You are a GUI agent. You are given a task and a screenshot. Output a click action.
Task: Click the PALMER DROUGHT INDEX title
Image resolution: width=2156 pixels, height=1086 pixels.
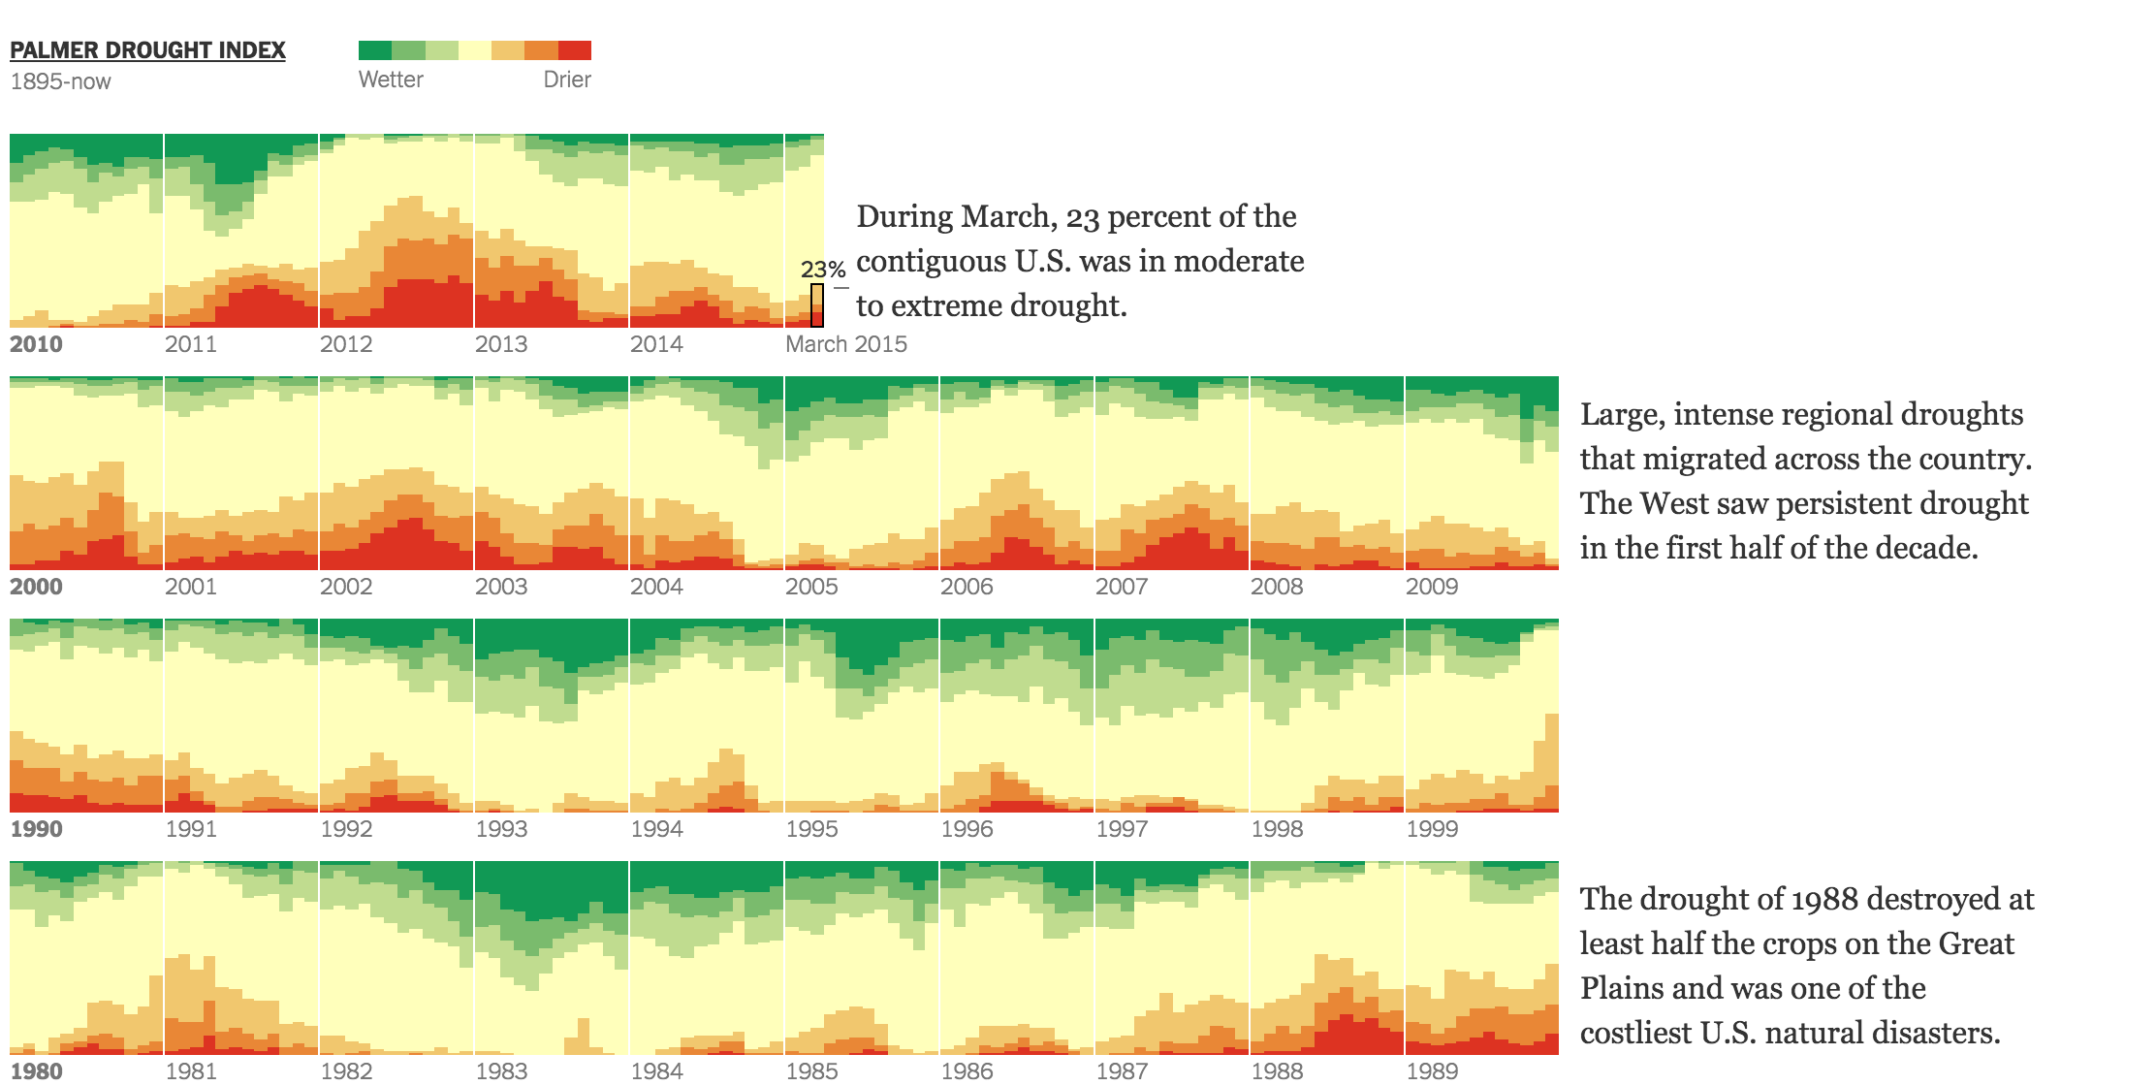point(147,50)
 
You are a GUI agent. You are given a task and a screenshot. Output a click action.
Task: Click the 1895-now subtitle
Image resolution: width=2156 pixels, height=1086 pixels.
point(60,81)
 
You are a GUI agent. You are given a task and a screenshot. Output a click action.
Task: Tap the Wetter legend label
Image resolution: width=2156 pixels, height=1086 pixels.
point(391,80)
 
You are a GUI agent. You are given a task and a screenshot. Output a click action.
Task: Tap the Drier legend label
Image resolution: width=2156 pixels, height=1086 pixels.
point(567,80)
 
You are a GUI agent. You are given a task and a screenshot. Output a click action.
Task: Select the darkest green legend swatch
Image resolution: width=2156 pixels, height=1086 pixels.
point(375,50)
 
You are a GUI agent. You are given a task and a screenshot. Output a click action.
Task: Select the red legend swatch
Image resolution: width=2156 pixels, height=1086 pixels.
point(575,50)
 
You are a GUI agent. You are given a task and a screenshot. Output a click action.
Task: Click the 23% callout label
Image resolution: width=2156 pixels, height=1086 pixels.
point(823,270)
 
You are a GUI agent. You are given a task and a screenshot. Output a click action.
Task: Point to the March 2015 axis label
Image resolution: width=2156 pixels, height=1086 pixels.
point(845,344)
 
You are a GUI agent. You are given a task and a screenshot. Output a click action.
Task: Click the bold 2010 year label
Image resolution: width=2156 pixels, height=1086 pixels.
point(36,344)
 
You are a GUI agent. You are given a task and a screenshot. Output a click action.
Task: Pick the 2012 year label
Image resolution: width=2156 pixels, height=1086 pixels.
point(346,344)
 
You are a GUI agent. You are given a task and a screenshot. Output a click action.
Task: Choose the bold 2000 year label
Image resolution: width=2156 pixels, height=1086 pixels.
point(36,587)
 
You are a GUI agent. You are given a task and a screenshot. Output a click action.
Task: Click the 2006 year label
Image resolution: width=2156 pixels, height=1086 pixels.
point(967,587)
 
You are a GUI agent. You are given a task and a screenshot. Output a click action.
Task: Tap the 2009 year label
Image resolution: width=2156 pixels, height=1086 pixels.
point(1432,587)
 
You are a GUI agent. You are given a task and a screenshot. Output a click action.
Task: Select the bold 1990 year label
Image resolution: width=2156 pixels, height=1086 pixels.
point(36,829)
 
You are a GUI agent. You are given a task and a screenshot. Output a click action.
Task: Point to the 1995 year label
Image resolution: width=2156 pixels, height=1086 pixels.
point(811,829)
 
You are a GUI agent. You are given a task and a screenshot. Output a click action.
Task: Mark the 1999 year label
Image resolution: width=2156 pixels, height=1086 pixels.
point(1432,829)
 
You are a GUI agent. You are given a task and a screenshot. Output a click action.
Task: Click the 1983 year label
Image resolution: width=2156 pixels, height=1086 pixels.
point(501,1071)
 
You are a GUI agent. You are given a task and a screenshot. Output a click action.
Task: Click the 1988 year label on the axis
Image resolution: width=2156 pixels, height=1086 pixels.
point(1277,1071)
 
